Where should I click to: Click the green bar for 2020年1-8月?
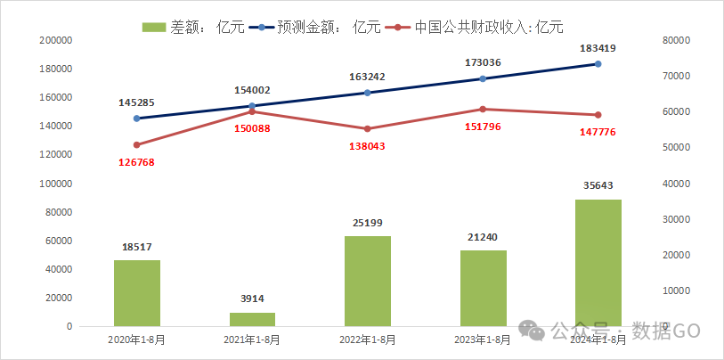[x=136, y=293]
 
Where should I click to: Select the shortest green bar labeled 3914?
[x=252, y=319]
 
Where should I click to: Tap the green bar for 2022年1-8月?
[x=367, y=281]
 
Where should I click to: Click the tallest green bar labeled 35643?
[x=598, y=263]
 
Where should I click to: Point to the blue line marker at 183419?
[x=598, y=64]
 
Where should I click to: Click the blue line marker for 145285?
[x=136, y=119]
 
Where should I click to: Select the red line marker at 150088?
[x=252, y=111]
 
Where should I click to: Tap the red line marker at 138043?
[x=367, y=129]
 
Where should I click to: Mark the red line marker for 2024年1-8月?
[x=598, y=115]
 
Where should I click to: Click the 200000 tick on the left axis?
[x=56, y=40]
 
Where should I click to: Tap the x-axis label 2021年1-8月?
[x=252, y=340]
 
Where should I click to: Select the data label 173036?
[x=482, y=63]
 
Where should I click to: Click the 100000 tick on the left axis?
[x=56, y=184]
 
